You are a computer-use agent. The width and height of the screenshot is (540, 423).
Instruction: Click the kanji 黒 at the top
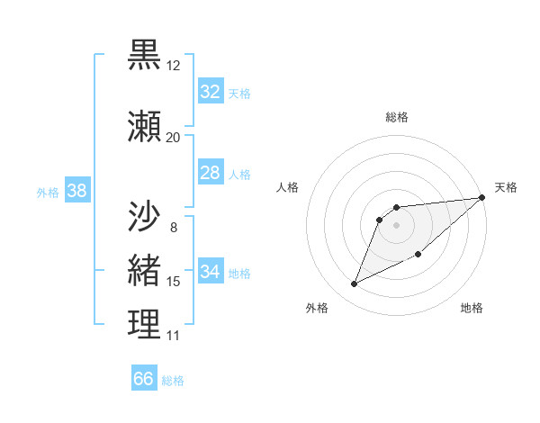pos(144,56)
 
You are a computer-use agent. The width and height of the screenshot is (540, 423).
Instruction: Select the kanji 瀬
pos(144,128)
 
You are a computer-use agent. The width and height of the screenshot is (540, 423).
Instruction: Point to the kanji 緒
pos(144,271)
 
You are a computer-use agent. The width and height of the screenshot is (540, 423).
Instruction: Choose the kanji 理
pos(144,325)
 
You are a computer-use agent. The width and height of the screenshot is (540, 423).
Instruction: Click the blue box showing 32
pos(211,92)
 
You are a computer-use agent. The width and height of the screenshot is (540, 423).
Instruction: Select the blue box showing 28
pos(211,173)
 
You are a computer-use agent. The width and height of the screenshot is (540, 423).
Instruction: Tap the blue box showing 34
pos(211,272)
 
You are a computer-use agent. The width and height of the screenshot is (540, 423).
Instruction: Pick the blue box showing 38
pos(76,191)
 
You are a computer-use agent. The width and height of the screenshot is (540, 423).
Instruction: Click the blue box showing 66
pos(144,379)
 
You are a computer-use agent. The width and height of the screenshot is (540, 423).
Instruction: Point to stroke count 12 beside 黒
pos(173,66)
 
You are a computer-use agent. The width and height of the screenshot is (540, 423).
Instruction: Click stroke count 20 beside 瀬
pos(173,138)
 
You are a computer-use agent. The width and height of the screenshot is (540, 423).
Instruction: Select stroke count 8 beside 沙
pos(173,227)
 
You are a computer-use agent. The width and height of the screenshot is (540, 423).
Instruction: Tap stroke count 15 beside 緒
pos(173,282)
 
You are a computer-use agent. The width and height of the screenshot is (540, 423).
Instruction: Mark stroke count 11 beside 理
pos(173,336)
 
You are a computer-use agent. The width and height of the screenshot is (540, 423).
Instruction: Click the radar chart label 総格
pos(396,117)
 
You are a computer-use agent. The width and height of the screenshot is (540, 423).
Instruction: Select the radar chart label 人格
pos(288,187)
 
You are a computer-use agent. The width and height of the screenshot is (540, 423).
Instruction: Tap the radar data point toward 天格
pos(482,198)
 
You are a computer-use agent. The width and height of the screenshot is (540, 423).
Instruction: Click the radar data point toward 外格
pos(355,284)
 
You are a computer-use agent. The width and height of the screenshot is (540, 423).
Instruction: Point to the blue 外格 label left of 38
pos(48,192)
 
